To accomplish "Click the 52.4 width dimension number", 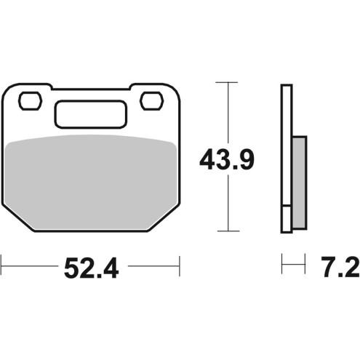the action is tap(92, 268).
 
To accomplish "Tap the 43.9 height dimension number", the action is tap(227, 160).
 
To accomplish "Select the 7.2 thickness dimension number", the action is tap(340, 267).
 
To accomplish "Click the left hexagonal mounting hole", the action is tap(31, 101).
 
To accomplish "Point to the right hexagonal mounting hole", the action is tap(151, 101).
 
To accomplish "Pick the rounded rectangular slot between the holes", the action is tap(91, 114).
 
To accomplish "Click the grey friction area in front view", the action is tap(90, 183).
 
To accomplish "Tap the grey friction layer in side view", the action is tap(300, 183).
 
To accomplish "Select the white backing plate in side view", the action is tap(287, 159).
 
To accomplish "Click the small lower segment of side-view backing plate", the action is tap(287, 220).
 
